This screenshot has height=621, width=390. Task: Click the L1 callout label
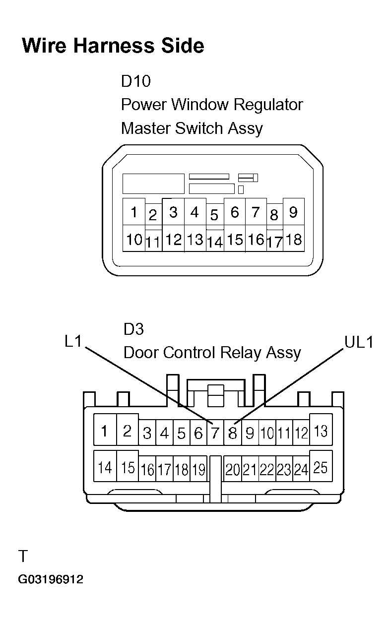tap(73, 341)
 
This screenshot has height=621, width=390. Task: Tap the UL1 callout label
tap(359, 342)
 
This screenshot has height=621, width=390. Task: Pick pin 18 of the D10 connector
tap(293, 239)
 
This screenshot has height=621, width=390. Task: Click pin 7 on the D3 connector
tap(215, 433)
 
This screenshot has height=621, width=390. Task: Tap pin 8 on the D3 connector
tap(232, 433)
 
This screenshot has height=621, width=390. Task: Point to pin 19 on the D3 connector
tap(198, 469)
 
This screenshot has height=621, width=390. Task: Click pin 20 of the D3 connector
tap(233, 469)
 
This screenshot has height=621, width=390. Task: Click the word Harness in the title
tap(114, 46)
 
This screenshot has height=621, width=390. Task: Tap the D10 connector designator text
tap(136, 81)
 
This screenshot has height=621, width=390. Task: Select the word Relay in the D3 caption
tap(241, 353)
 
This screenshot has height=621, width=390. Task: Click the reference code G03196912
tap(51, 579)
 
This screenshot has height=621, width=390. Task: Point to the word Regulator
tap(268, 105)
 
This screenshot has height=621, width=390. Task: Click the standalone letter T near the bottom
tap(23, 556)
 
